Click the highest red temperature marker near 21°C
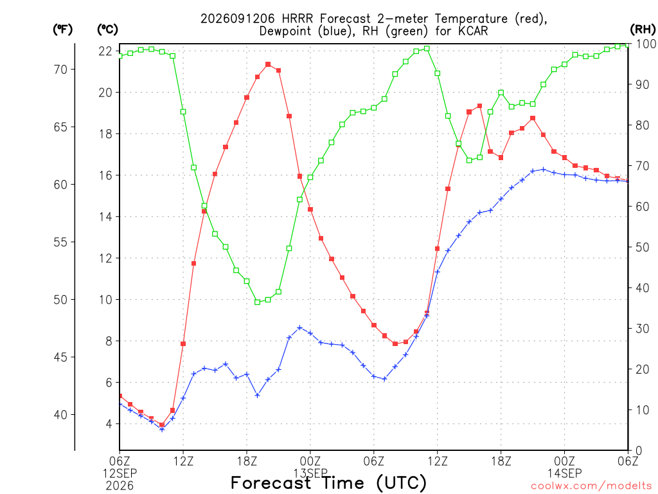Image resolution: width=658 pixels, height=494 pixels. coord(268,65)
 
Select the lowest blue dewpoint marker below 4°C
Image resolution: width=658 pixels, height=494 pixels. coord(162,429)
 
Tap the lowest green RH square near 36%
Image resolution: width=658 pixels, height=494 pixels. coord(257,302)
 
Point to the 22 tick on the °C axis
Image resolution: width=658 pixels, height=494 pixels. coord(105,51)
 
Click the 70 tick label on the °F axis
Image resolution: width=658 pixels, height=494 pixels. coord(61,69)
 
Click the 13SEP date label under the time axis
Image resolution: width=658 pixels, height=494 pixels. coord(310,473)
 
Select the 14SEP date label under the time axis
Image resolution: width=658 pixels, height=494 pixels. coord(564,473)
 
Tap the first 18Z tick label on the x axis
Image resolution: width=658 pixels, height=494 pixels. coord(247,461)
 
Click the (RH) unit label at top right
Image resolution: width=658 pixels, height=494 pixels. coord(643,29)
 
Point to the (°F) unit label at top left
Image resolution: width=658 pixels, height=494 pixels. coord(62,30)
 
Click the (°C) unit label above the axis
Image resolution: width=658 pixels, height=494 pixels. coord(107,30)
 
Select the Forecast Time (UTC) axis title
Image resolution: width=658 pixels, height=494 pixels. coord(328,482)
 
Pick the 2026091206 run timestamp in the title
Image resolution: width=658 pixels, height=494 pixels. coord(238,19)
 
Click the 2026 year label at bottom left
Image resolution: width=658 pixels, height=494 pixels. coord(120,486)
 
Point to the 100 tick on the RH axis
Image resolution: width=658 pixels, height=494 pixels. coord(646,44)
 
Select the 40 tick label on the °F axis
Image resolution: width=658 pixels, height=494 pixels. coord(61,415)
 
